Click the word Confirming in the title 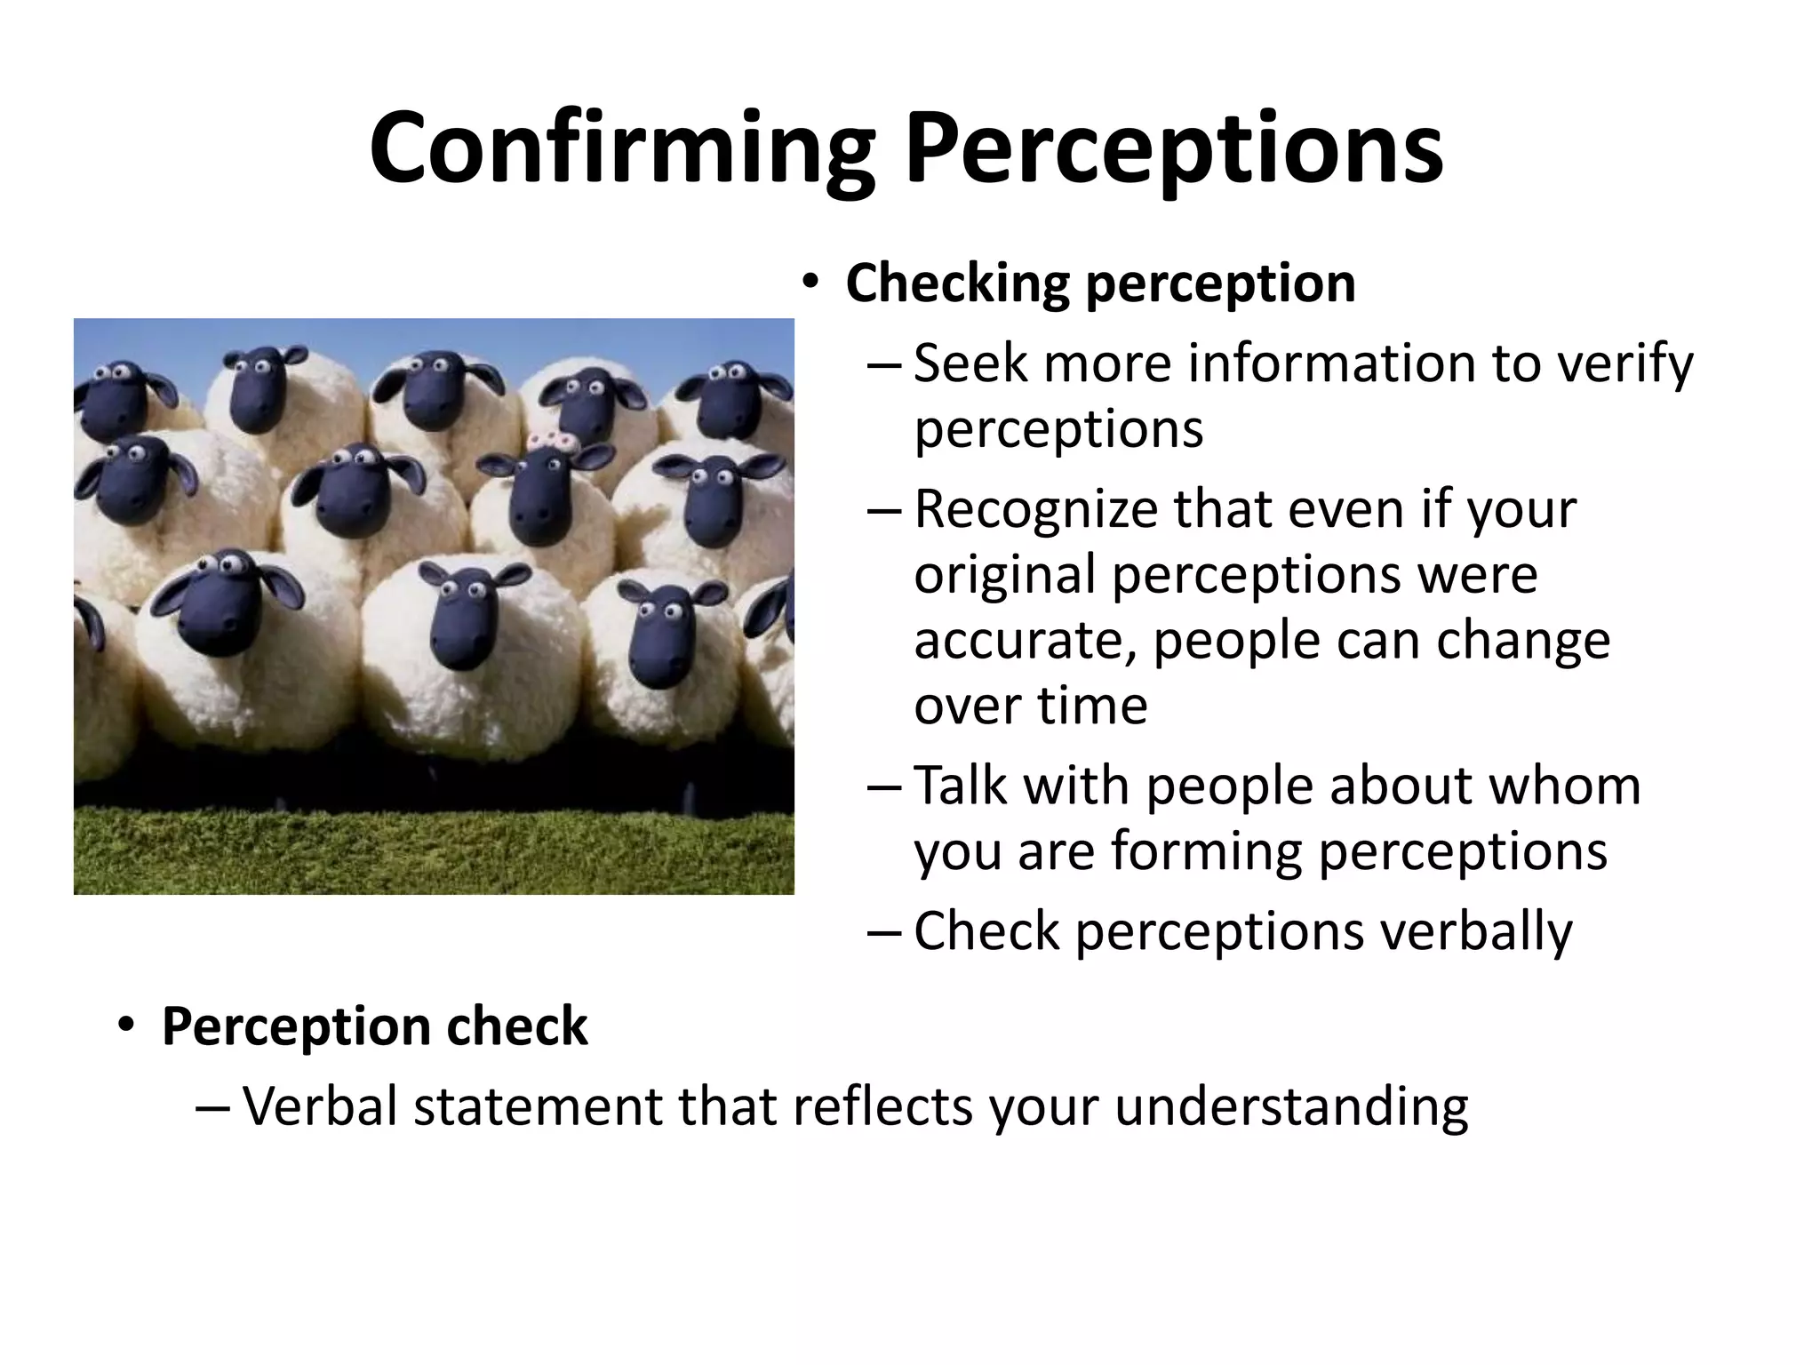(622, 148)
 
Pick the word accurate (1026, 641)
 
